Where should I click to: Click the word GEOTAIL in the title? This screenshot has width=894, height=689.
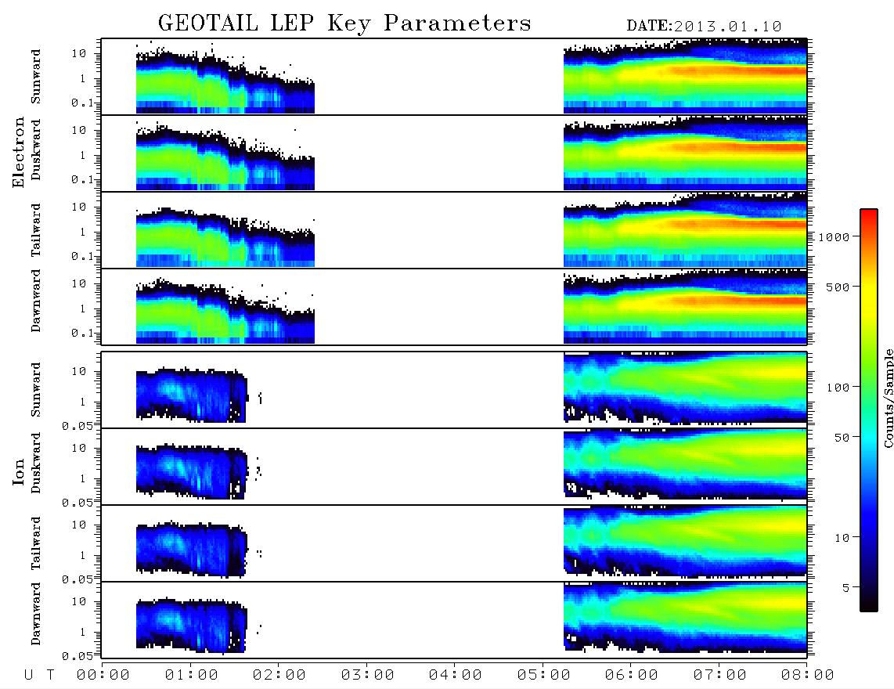(x=207, y=23)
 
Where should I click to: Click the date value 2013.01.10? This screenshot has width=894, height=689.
(x=727, y=27)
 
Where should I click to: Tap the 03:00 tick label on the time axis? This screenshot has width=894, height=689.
(x=367, y=676)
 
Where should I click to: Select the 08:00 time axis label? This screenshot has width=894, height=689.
(x=807, y=676)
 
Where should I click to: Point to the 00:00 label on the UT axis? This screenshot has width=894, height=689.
(x=103, y=676)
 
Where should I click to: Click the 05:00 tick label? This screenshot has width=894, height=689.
(x=543, y=676)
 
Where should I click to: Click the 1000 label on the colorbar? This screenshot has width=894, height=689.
(x=834, y=237)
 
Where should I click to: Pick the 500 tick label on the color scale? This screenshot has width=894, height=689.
(x=838, y=287)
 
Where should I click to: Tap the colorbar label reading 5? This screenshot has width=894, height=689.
(x=845, y=588)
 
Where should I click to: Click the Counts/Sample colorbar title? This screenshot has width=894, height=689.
(x=888, y=398)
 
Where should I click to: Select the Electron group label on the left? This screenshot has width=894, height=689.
(x=18, y=152)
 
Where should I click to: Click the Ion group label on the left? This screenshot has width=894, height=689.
(x=18, y=471)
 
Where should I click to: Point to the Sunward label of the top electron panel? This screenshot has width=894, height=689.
(x=35, y=77)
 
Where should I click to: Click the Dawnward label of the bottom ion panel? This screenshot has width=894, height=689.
(x=35, y=614)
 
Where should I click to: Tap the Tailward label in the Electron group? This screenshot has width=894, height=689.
(x=35, y=230)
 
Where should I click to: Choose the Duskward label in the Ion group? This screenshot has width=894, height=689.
(x=35, y=463)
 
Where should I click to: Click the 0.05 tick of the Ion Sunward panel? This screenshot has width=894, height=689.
(x=77, y=426)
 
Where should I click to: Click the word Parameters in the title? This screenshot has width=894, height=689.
(x=457, y=23)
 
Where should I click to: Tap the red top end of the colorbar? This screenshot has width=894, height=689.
(x=868, y=211)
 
